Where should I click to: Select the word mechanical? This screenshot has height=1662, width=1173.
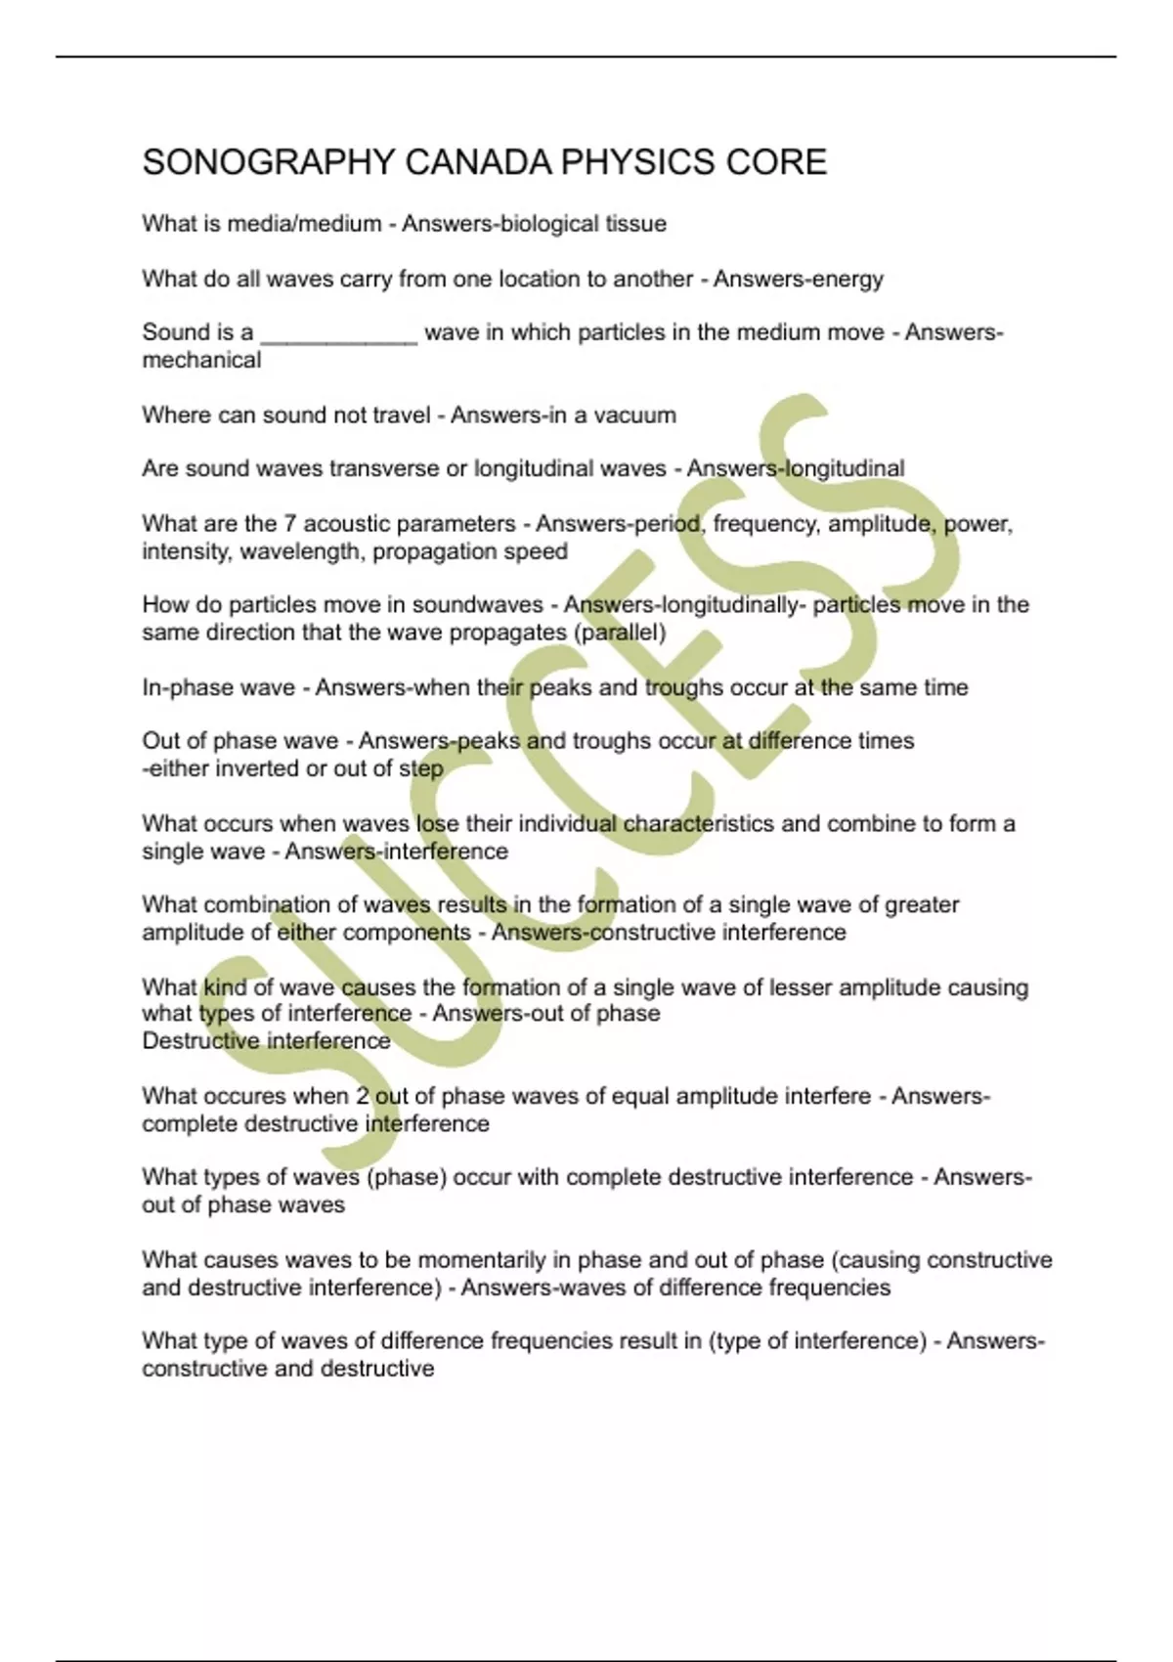pos(201,361)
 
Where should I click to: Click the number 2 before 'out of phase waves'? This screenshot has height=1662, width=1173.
pos(363,1096)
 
